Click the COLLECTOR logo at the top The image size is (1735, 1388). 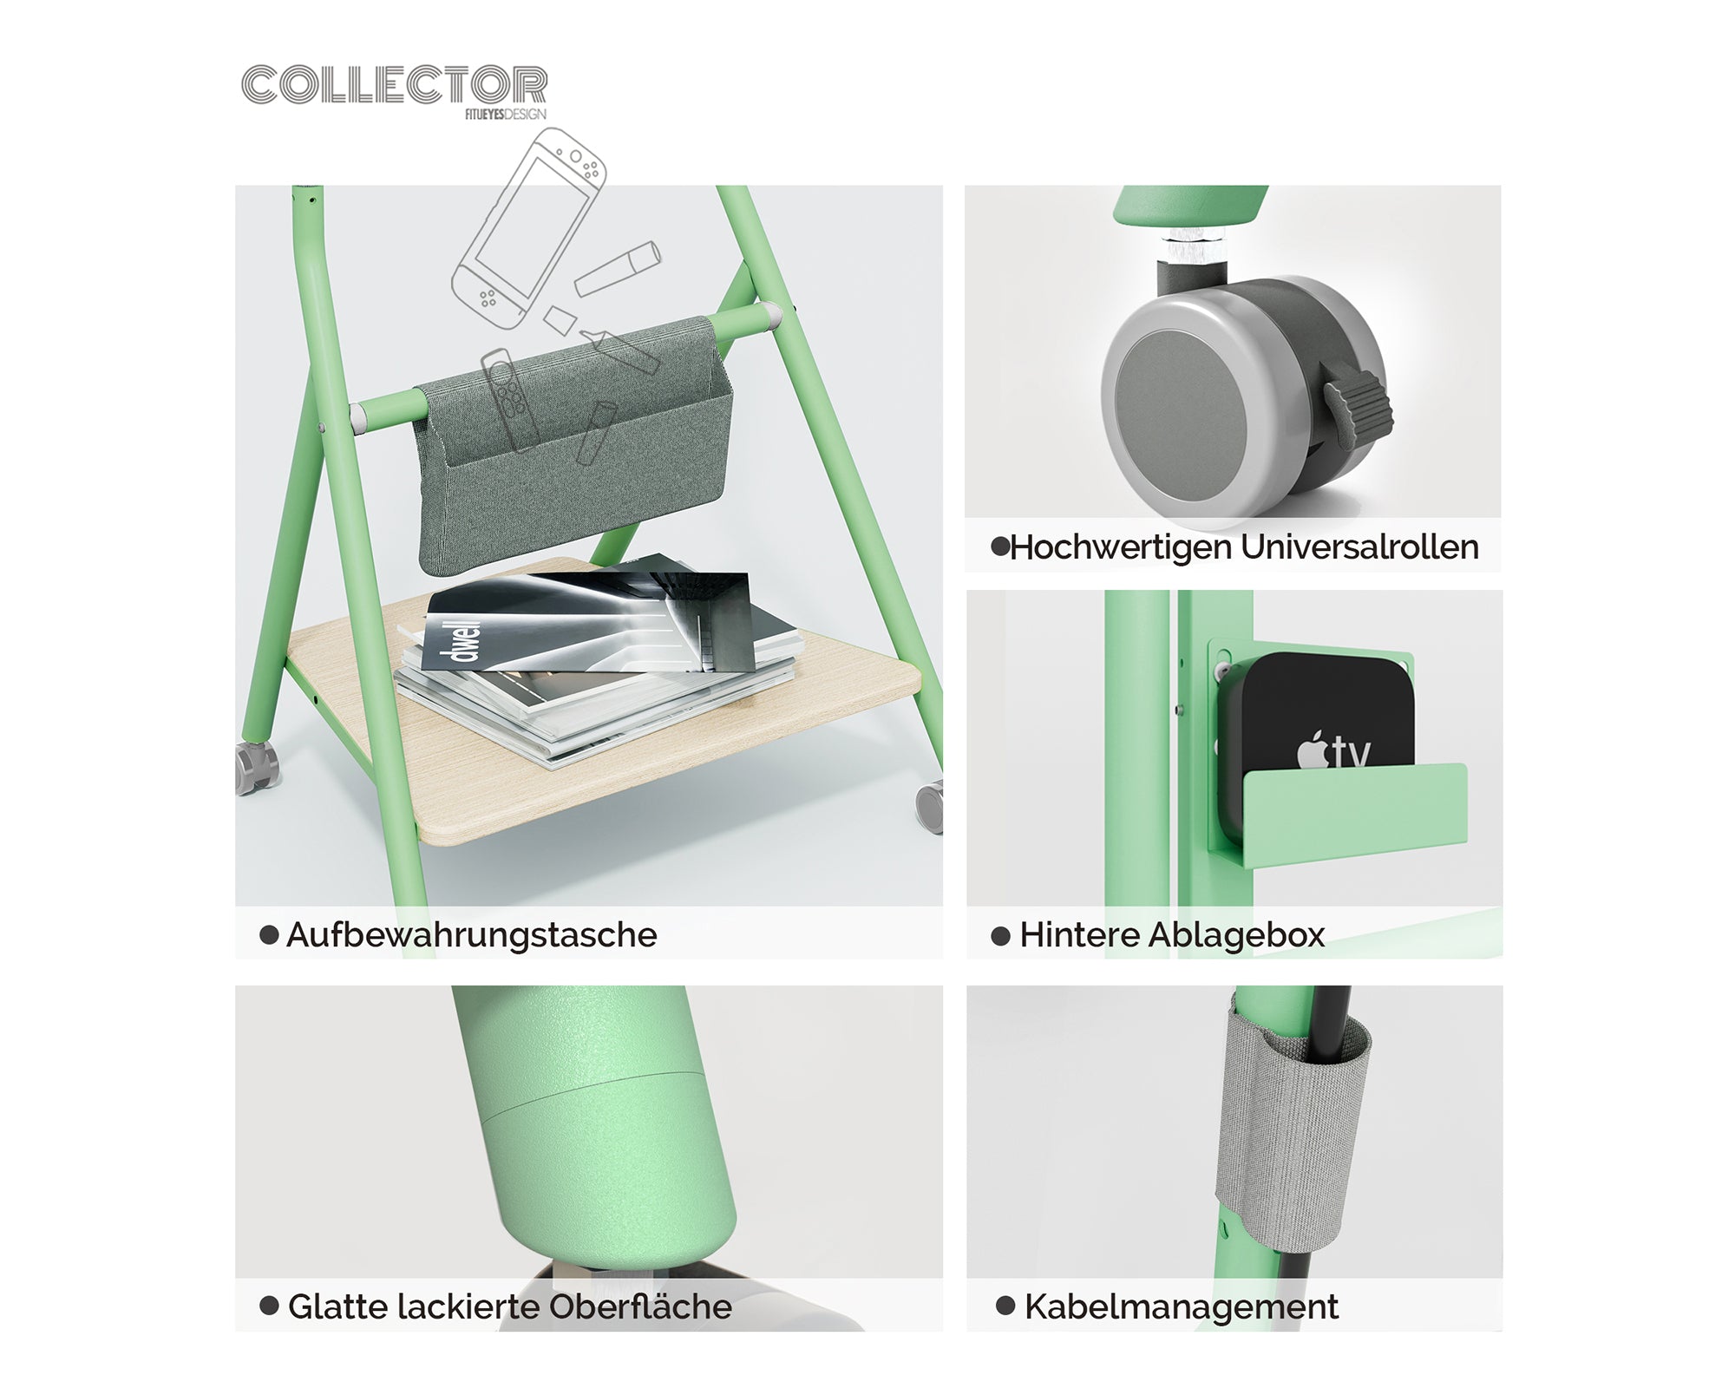coord(394,85)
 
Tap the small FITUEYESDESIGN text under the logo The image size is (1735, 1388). coord(505,115)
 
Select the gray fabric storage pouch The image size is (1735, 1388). coord(573,451)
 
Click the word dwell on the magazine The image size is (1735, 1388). coord(465,640)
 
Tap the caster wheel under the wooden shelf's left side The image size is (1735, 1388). coord(258,767)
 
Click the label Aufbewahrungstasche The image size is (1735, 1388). coord(471,935)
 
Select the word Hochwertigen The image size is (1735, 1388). coord(1121,547)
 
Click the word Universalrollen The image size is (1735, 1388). coord(1359,547)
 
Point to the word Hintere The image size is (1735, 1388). coord(1078,935)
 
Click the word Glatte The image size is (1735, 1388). coord(337,1306)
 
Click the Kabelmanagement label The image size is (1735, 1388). coord(1181,1306)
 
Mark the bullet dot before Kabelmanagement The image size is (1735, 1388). coord(1005,1306)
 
